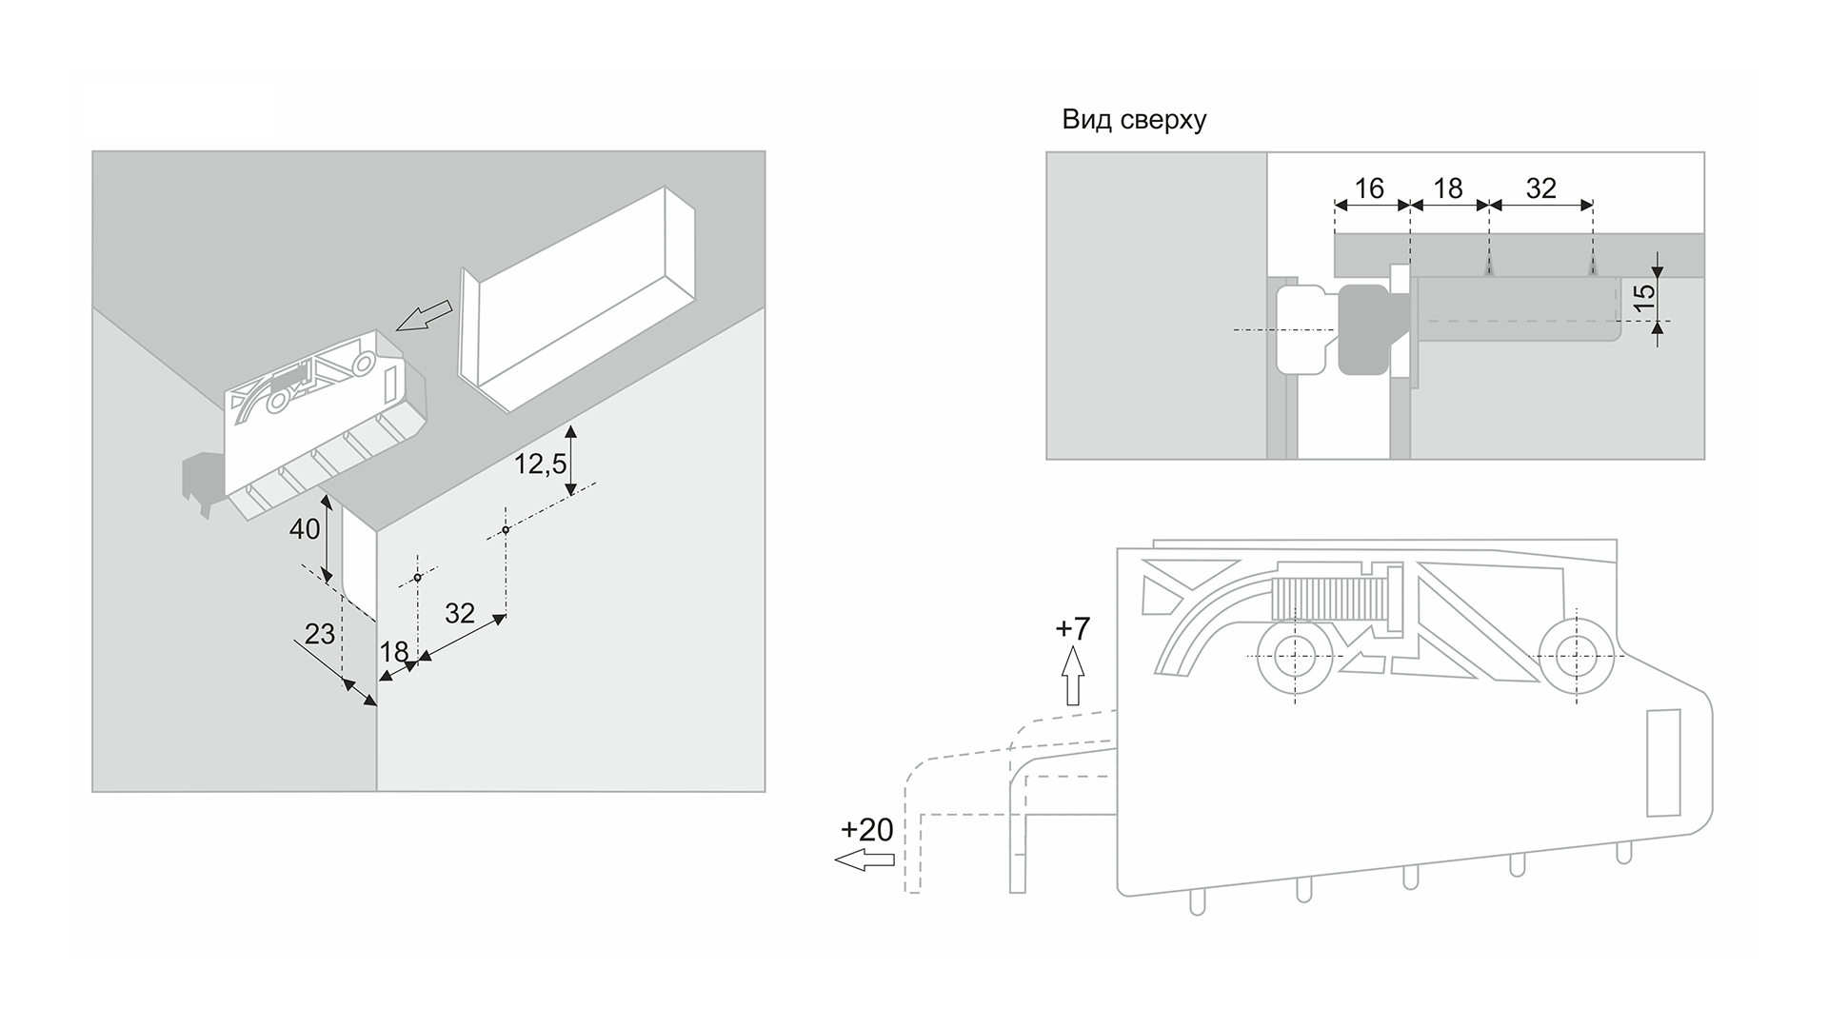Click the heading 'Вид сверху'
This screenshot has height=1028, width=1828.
pos(1134,121)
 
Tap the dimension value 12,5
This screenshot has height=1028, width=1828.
pos(540,465)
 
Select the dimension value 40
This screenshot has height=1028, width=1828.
pos(305,529)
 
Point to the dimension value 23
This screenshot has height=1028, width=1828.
pos(320,634)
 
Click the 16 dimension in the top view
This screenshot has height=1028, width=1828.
pos(1369,188)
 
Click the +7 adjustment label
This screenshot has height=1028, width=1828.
pos(1073,629)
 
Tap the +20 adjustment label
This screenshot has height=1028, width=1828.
pos(867,830)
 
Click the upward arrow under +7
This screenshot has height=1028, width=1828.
pos(1073,677)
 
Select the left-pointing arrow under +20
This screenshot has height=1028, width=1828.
pos(864,860)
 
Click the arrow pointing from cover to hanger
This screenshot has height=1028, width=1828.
pos(424,316)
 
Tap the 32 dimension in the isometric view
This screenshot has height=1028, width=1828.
pos(460,614)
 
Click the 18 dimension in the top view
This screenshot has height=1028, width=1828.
pos(1448,188)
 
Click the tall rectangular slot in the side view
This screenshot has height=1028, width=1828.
pos(1663,762)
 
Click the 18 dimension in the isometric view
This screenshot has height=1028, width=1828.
pos(393,652)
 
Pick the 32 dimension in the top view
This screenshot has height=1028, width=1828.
pos(1540,188)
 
